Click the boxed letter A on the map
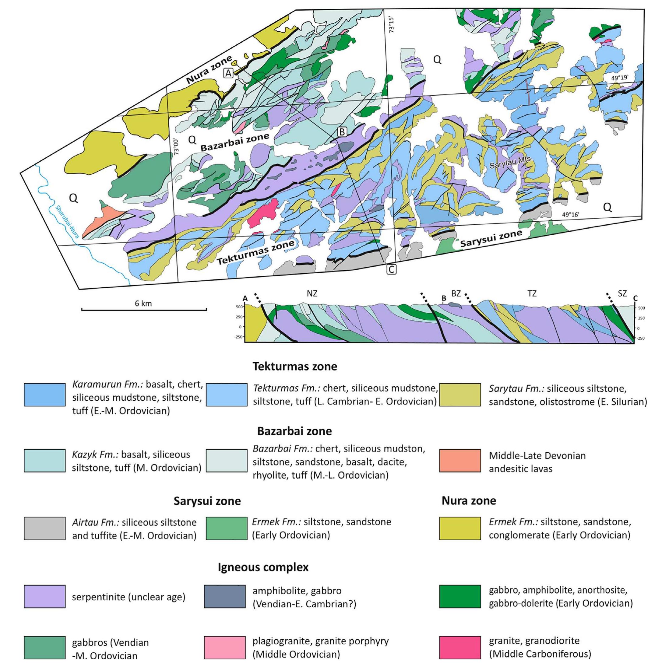click(x=229, y=73)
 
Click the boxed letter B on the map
click(x=342, y=132)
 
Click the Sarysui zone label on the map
click(x=491, y=238)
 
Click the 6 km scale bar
click(x=144, y=309)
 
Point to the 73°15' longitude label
click(x=391, y=24)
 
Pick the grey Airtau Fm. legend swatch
click(x=44, y=528)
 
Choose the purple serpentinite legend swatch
click(x=44, y=596)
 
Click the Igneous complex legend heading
click(x=263, y=567)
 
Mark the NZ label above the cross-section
click(x=312, y=293)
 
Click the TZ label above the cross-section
click(x=532, y=293)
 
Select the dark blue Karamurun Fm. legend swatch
click(x=44, y=395)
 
